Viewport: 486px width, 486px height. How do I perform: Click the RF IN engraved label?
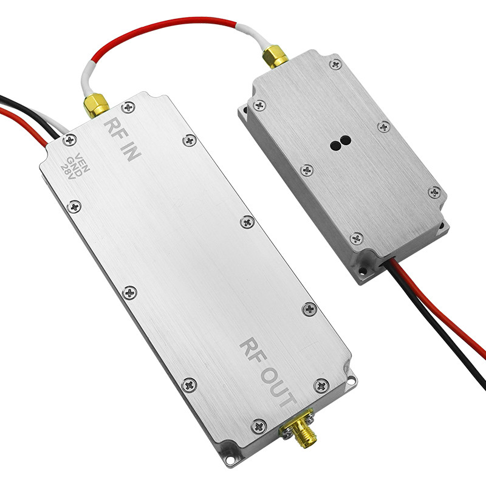pos(122,140)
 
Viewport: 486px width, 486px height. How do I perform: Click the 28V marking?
pos(68,172)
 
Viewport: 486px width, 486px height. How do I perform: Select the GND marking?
pos(74,166)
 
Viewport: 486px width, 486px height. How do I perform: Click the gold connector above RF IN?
pos(96,105)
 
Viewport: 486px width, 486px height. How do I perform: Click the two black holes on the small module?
pos(340,143)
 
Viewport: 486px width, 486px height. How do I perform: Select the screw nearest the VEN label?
pos(70,140)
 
